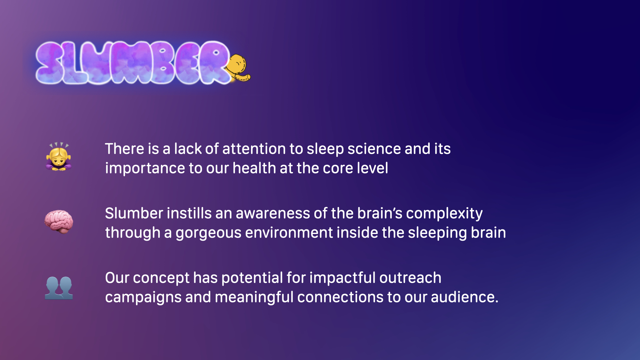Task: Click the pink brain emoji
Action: pyautogui.click(x=59, y=222)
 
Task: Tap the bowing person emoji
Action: pyautogui.click(x=59, y=157)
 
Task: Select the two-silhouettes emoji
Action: pyautogui.click(x=59, y=288)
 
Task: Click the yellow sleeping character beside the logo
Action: pyautogui.click(x=238, y=68)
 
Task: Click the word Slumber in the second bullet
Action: pyautogui.click(x=134, y=213)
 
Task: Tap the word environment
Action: pyautogui.click(x=289, y=233)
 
